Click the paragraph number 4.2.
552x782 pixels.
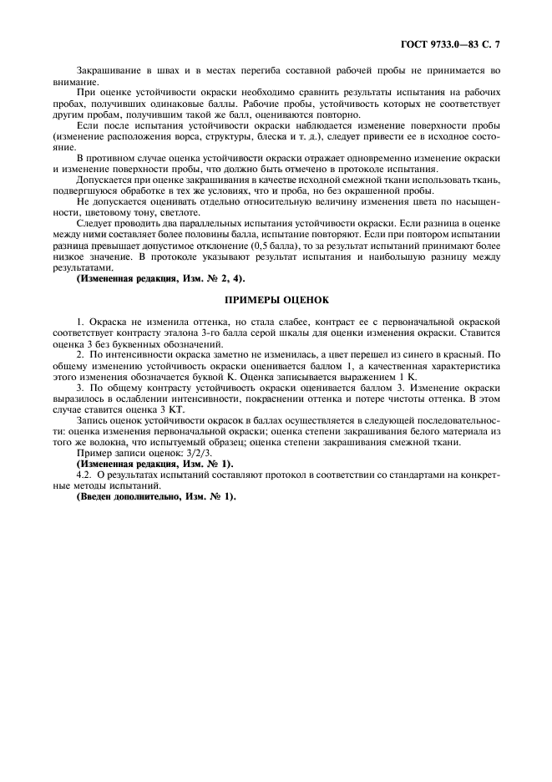85,474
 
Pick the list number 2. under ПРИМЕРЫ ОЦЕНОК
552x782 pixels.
79,354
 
